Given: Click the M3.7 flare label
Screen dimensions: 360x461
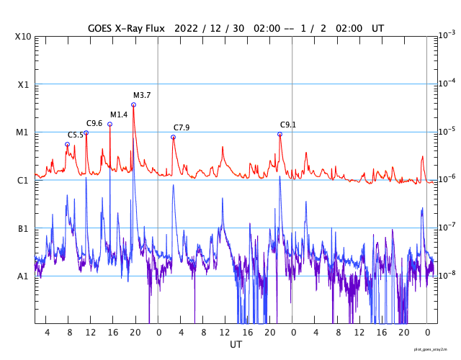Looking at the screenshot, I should (x=142, y=96).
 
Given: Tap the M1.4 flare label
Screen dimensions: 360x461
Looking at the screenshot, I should (x=119, y=115).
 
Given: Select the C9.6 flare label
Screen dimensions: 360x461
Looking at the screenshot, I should (x=95, y=124).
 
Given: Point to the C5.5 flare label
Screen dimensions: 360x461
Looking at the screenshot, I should (x=76, y=135).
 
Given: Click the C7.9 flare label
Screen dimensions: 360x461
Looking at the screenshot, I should (x=182, y=128).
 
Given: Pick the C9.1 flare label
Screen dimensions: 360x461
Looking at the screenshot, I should (x=288, y=125).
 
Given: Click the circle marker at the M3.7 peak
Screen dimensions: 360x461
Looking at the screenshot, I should (x=133, y=105).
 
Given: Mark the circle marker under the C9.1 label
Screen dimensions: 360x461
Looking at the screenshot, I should (x=279, y=135).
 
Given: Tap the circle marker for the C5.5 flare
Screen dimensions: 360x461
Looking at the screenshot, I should (x=68, y=144).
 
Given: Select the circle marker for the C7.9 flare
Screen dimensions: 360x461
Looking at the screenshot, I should (x=173, y=137).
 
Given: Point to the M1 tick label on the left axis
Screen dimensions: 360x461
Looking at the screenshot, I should (x=22, y=132).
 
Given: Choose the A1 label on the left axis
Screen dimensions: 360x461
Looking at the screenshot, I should (x=22, y=276).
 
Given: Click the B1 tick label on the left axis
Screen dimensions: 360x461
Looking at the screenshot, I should (x=22, y=229).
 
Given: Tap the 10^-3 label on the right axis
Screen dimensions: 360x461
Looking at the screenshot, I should (x=447, y=35).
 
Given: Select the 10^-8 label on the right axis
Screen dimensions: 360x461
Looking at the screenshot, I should (x=447, y=275).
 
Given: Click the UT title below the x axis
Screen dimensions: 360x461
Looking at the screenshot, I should (x=236, y=345).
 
